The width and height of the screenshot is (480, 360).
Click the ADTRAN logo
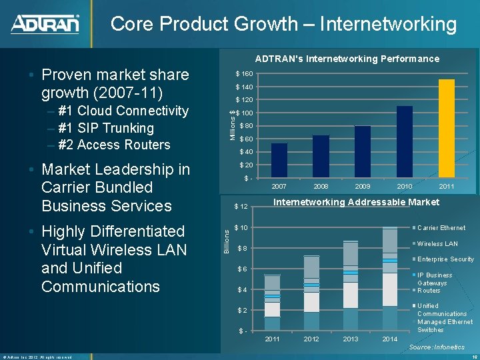point(45,24)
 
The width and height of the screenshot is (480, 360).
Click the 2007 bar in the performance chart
point(279,160)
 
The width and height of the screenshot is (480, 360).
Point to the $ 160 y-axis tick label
point(242,73)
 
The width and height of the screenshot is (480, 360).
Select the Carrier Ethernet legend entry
point(441,228)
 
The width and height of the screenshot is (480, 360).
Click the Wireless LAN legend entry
point(437,244)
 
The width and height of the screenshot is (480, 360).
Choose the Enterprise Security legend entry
point(445,259)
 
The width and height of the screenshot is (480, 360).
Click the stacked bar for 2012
point(311,293)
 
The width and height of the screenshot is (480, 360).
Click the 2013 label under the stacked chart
point(351,339)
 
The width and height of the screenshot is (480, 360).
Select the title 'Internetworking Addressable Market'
point(356,202)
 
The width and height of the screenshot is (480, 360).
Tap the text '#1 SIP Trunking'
point(106,128)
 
